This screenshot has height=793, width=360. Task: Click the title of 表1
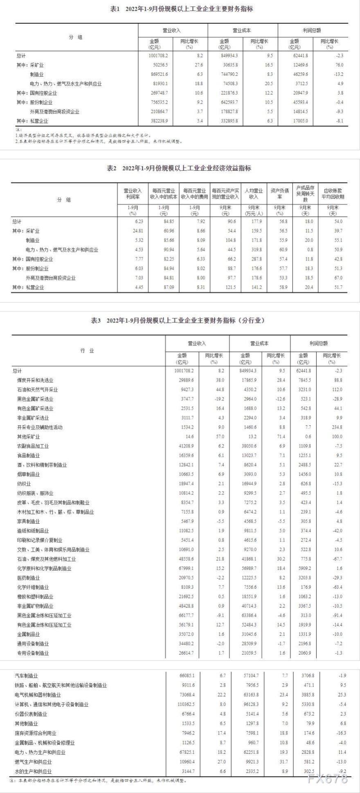coord(182,9)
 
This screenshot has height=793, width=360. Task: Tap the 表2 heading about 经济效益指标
coord(179,168)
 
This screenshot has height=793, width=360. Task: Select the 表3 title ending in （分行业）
coord(178,320)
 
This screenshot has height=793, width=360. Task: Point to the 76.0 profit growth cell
coord(339,65)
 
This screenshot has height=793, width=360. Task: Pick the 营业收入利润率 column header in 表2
coord(133,194)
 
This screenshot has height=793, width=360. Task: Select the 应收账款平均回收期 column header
coord(333,194)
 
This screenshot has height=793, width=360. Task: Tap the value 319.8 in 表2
coord(256,250)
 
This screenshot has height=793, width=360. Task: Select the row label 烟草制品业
coord(29,474)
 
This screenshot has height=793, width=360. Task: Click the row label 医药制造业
coord(29,578)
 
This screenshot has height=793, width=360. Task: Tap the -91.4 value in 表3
coord(337,615)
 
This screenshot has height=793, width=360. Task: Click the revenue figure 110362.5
coord(183,704)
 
